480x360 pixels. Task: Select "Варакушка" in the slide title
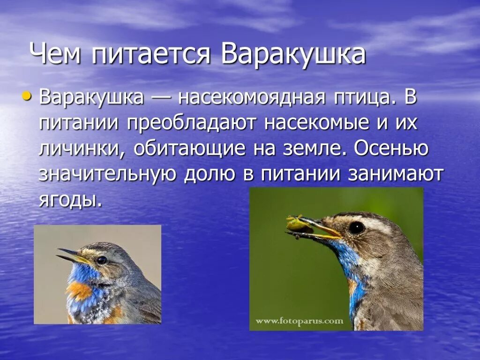(293, 55)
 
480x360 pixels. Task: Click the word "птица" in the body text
(364, 98)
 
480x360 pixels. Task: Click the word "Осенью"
(391, 149)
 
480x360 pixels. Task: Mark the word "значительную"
(107, 174)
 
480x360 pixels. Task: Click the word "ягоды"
(70, 200)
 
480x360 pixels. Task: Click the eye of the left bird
(102, 260)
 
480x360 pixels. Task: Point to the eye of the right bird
(356, 228)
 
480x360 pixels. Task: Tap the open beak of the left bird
(70, 255)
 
